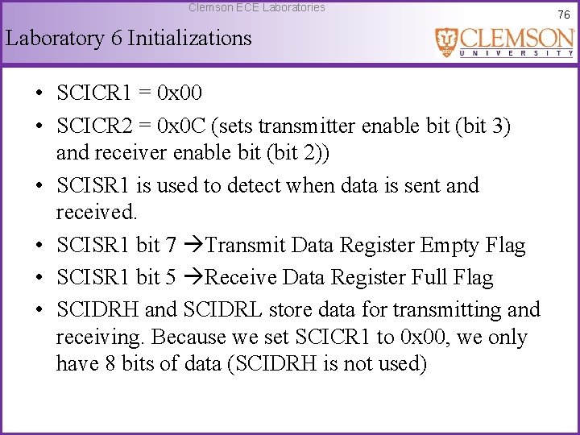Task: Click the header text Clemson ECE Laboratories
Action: pos(257,7)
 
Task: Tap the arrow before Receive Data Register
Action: pos(193,278)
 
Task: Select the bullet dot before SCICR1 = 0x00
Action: pos(39,93)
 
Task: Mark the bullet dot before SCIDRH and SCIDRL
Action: pos(39,310)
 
